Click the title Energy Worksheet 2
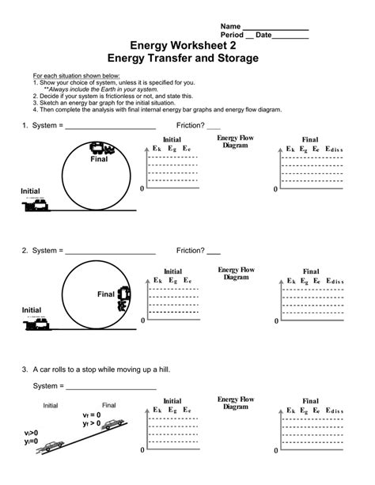click(x=187, y=47)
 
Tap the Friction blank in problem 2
click(x=214, y=253)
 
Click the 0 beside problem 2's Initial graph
click(x=142, y=321)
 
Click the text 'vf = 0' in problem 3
click(x=92, y=415)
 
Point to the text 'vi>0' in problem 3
click(x=31, y=434)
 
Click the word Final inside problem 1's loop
click(x=97, y=159)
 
